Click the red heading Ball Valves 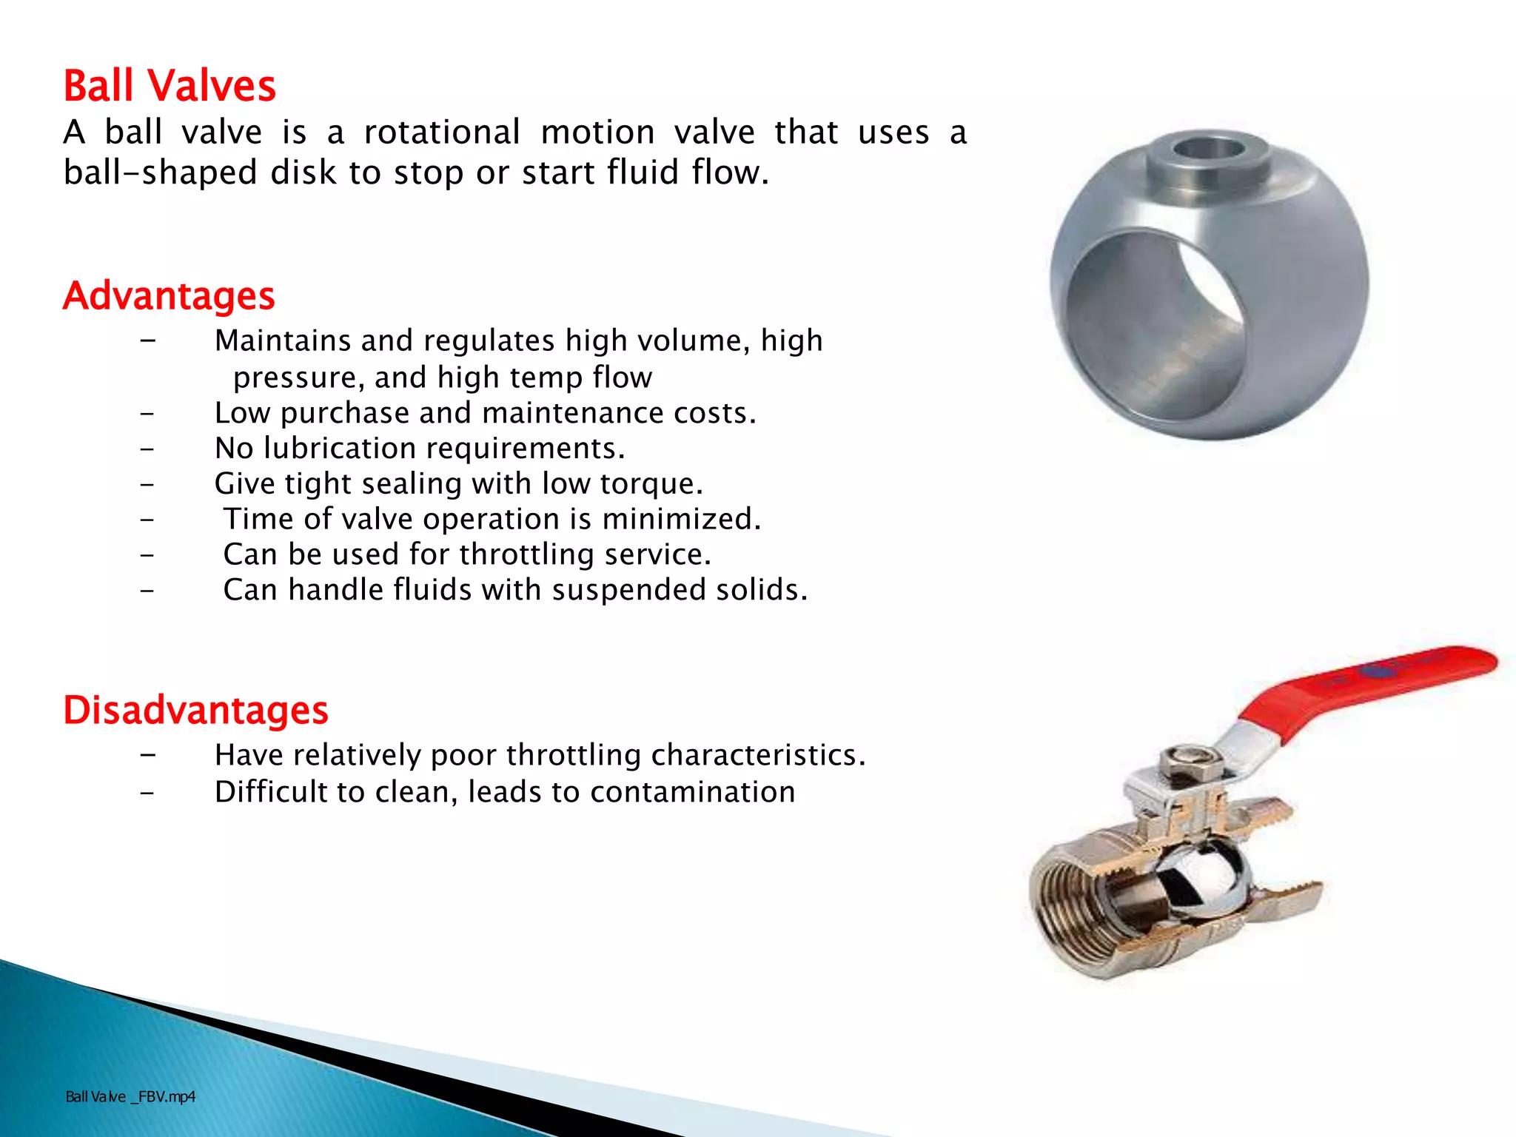(170, 86)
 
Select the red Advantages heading (169, 296)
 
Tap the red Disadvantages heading (195, 711)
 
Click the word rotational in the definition (442, 133)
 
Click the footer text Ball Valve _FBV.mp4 (130, 1097)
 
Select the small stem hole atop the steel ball (1208, 148)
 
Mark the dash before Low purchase (148, 414)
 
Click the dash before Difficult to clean (148, 793)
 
